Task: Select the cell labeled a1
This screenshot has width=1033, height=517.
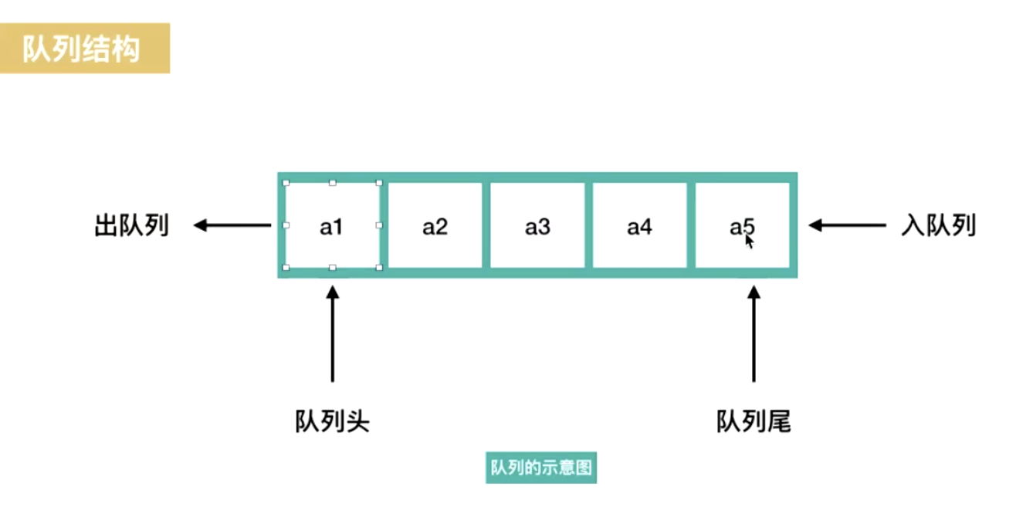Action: coord(332,225)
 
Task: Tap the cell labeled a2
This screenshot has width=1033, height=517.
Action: coord(435,225)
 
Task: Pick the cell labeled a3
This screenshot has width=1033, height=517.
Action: coord(537,225)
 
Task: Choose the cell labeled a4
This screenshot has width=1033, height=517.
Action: coord(639,225)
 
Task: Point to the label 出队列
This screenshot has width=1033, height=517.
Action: coord(131,226)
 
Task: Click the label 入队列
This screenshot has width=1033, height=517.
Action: coord(938,226)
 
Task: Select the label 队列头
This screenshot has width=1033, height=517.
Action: coord(333,422)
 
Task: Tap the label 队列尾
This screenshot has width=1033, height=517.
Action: coord(754,422)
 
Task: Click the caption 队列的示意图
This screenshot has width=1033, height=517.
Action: coord(541,468)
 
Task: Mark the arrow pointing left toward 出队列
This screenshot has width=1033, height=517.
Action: coord(232,225)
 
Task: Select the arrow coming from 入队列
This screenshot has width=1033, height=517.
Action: coord(847,225)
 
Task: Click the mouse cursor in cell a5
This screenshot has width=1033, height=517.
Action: coord(748,240)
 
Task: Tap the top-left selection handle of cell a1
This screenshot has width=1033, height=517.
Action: coord(286,184)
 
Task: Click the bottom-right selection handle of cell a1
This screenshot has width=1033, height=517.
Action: coord(379,268)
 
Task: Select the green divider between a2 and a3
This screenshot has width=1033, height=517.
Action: coord(486,225)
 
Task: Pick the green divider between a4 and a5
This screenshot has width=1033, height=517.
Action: coord(691,225)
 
